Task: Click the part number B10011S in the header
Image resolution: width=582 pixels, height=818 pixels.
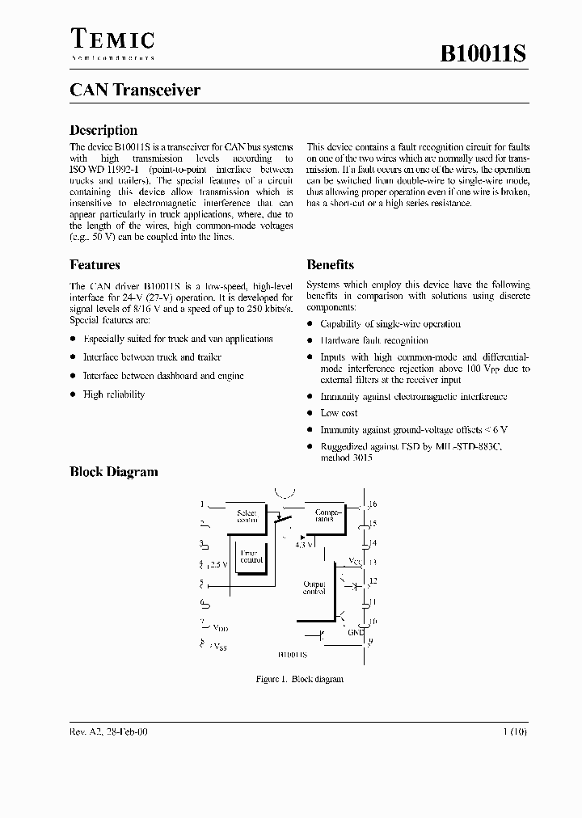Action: pyautogui.click(x=483, y=55)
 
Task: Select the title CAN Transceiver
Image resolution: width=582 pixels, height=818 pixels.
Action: pyautogui.click(x=135, y=91)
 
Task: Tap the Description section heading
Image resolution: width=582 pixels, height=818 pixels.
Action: pyautogui.click(x=103, y=130)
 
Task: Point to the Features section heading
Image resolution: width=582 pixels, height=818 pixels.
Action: pyautogui.click(x=95, y=264)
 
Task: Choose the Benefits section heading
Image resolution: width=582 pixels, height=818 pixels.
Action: pyautogui.click(x=330, y=264)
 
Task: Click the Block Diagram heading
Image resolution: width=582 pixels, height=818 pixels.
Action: pyautogui.click(x=113, y=472)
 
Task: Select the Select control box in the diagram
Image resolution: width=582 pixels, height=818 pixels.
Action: pyautogui.click(x=246, y=517)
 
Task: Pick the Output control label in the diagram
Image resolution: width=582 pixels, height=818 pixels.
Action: pyautogui.click(x=314, y=587)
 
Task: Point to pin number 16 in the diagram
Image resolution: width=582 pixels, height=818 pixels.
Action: pyautogui.click(x=373, y=504)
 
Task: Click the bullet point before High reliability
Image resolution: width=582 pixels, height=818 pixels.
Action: pyautogui.click(x=73, y=394)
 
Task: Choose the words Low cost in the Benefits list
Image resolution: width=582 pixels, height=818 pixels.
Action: pyautogui.click(x=339, y=413)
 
